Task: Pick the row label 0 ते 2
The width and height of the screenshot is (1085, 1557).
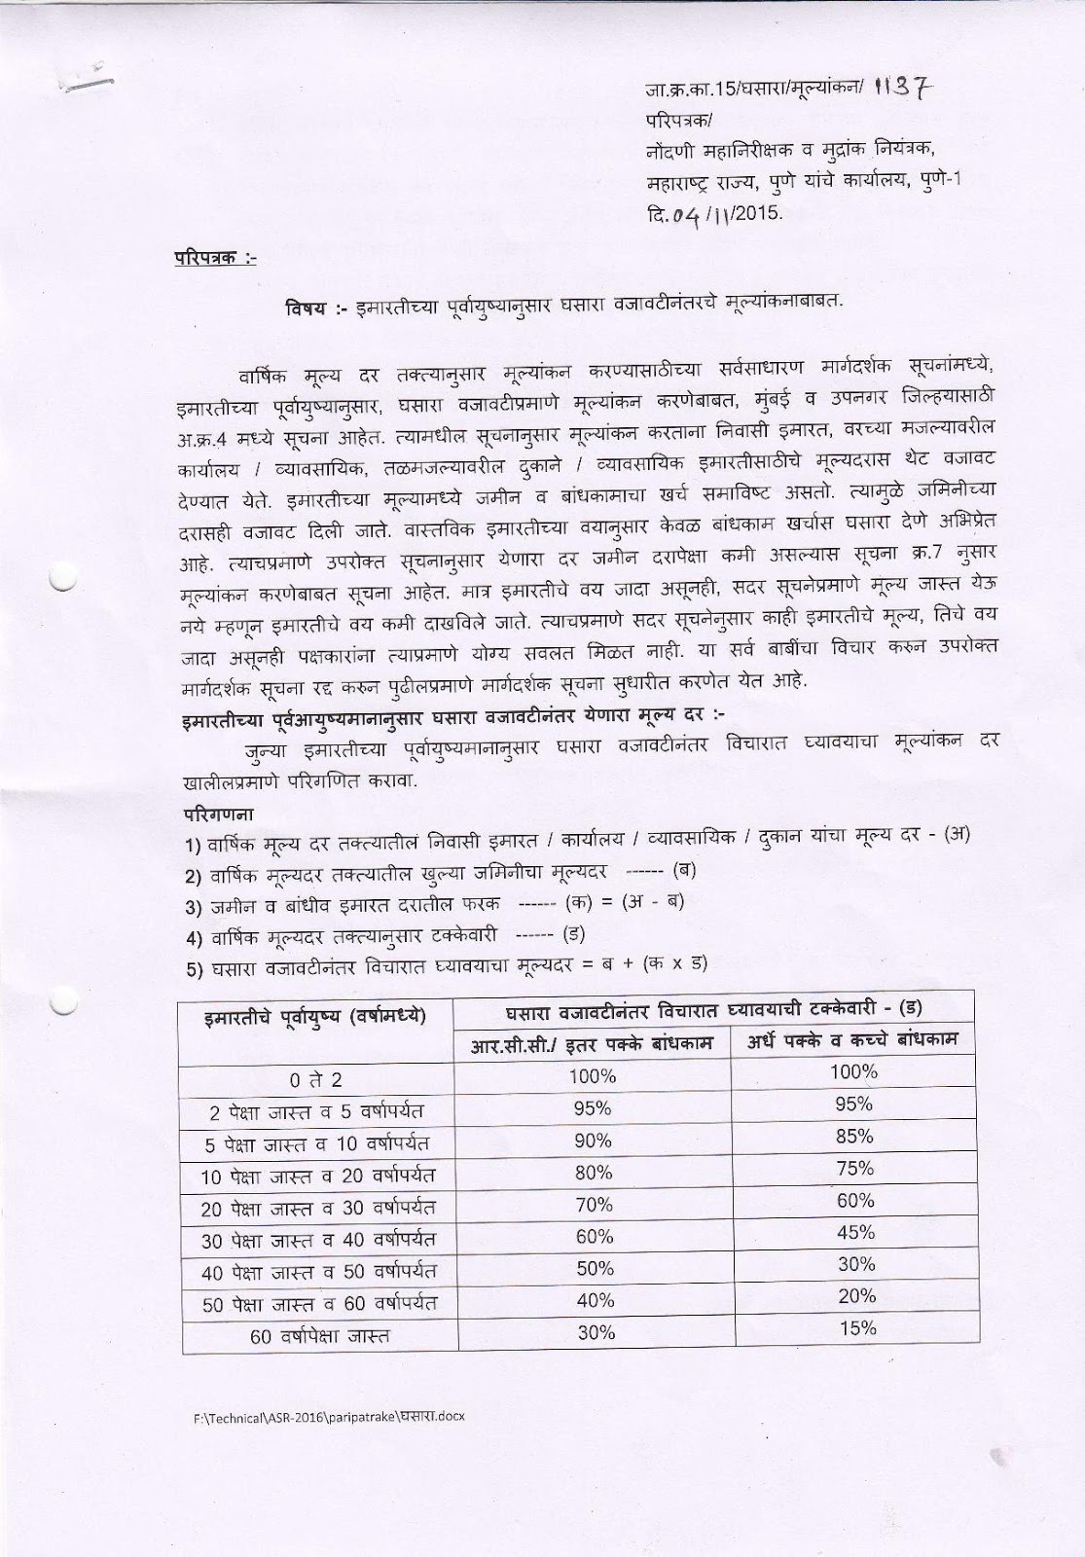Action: (316, 1079)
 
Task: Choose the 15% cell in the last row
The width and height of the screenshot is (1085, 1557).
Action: (856, 1328)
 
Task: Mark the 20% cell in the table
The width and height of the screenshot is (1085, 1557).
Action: (856, 1296)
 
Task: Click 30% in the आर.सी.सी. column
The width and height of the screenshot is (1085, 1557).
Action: (596, 1332)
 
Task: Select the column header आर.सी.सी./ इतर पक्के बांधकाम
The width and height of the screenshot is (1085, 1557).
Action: (594, 1043)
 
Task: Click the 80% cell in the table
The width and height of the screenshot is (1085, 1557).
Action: (594, 1173)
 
